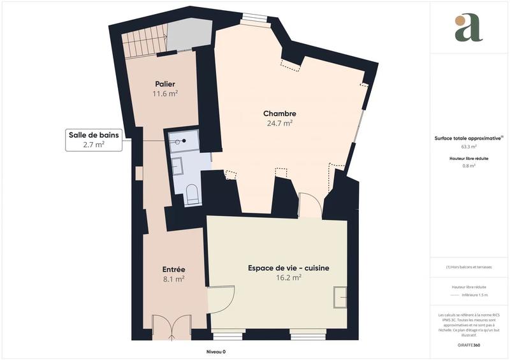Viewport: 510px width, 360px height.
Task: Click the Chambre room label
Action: tap(280, 113)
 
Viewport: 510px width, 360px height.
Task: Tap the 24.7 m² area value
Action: tap(280, 124)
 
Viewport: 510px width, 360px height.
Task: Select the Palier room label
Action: tap(164, 84)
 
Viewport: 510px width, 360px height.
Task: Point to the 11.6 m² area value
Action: tap(164, 94)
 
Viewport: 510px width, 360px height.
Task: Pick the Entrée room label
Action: tap(173, 269)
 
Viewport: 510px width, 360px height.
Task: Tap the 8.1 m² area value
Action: tap(173, 278)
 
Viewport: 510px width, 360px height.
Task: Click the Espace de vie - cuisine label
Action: tap(288, 268)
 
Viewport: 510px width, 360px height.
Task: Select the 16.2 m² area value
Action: tap(288, 278)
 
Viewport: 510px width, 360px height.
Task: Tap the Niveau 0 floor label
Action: tap(216, 352)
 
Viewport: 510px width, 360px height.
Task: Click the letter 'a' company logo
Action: tap(469, 28)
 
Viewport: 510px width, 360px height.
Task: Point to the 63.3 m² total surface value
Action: tap(469, 147)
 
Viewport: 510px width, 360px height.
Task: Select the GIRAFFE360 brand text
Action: tap(469, 345)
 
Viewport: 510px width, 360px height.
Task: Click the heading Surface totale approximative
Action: tap(467, 138)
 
